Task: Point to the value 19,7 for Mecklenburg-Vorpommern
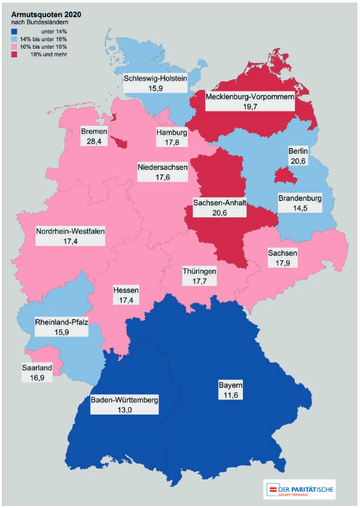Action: [249, 107]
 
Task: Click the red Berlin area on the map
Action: [285, 176]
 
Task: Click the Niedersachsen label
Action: [162, 167]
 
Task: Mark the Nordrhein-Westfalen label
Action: [70, 231]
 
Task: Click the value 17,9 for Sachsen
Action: [282, 263]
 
